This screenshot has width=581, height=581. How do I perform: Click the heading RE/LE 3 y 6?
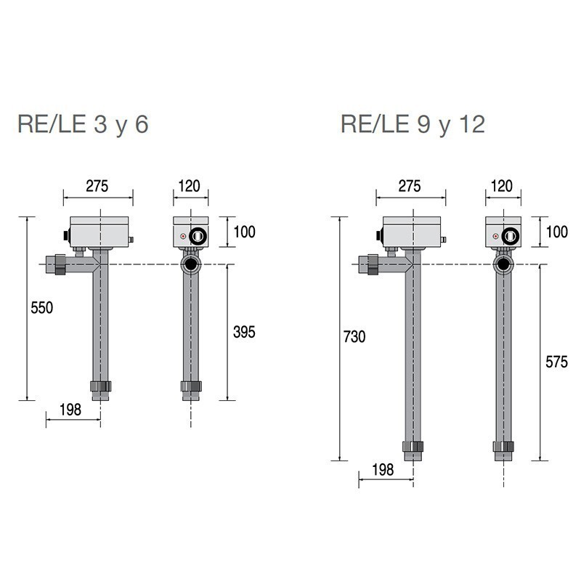click(83, 124)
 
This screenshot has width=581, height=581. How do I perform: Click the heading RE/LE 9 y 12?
click(413, 124)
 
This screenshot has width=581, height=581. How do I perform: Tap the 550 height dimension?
click(42, 308)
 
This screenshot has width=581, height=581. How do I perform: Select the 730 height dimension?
click(354, 337)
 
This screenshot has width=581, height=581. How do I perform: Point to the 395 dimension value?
click(244, 332)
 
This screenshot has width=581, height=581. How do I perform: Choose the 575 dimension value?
click(556, 362)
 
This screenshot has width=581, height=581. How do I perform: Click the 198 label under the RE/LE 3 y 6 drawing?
click(70, 410)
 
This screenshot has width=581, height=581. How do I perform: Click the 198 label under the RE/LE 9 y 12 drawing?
click(383, 470)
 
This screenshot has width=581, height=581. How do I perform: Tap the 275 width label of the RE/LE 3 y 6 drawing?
click(97, 186)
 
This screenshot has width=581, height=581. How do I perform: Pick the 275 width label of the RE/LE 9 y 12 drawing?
click(410, 186)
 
